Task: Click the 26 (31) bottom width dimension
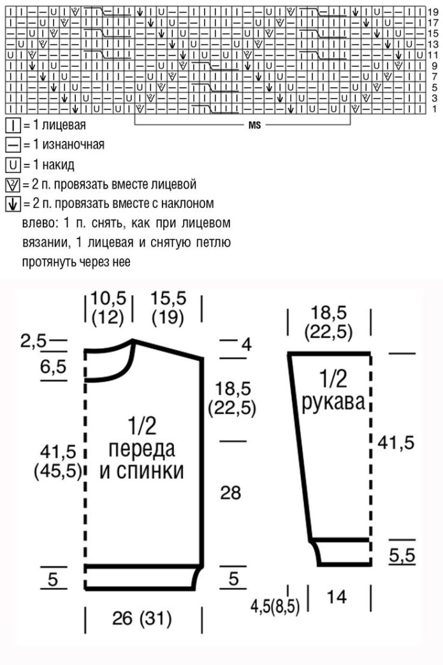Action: [142, 618]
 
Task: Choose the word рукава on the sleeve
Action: [332, 402]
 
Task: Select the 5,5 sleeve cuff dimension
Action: [402, 555]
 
